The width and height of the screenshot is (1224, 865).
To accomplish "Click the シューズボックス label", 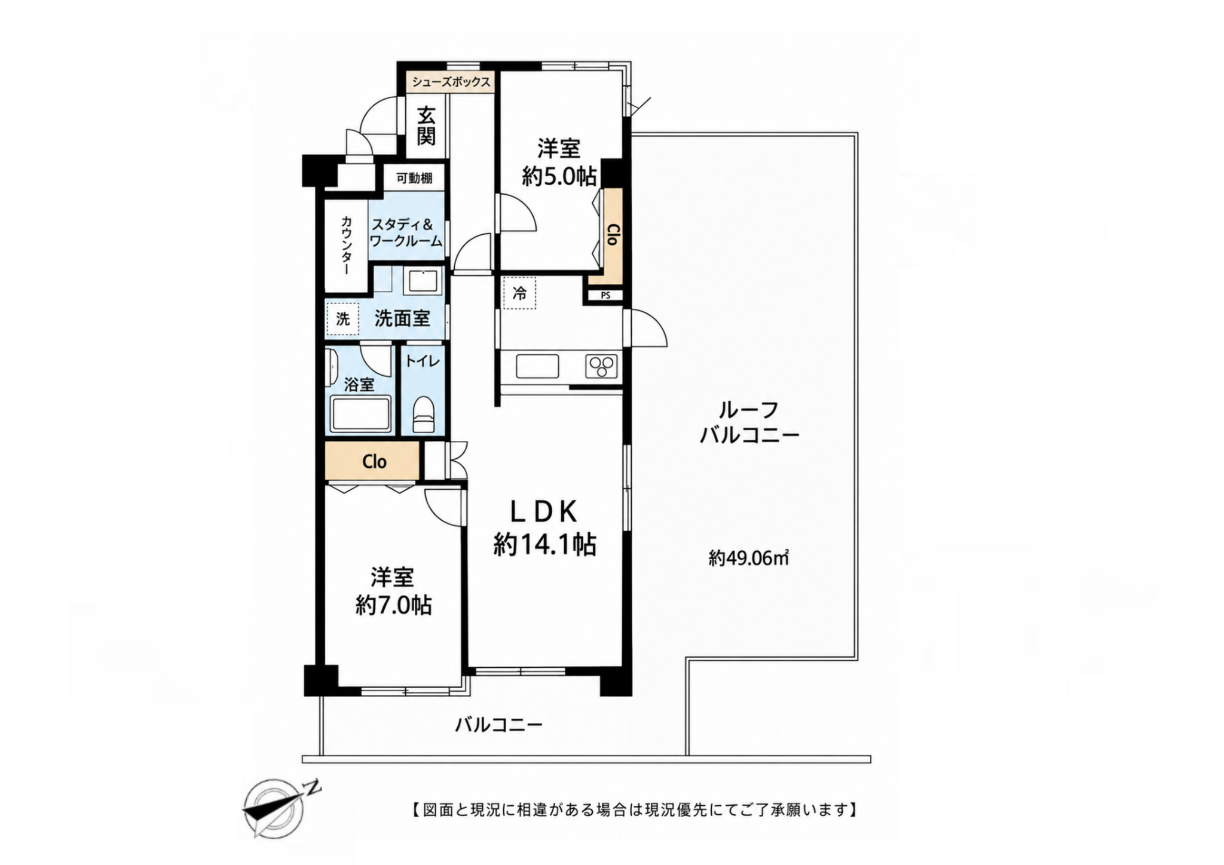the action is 451,82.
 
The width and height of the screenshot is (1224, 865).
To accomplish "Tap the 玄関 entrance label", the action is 426,125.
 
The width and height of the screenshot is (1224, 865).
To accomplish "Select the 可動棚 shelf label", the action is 414,178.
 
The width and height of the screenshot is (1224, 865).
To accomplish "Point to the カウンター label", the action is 346,245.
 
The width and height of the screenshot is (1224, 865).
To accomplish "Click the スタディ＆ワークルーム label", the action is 406,233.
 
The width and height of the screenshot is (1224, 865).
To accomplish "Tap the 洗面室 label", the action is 402,318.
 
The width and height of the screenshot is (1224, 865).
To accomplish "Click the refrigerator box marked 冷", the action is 519,293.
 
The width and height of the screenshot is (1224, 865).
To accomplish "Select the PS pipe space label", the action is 605,295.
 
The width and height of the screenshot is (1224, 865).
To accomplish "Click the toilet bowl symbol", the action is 424,414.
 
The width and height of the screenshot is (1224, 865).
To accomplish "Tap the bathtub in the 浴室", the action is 361,413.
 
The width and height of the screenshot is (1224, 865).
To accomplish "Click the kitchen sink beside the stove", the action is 537,366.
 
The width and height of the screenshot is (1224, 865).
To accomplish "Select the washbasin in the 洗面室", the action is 423,280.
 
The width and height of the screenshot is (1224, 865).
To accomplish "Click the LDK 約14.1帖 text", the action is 544,528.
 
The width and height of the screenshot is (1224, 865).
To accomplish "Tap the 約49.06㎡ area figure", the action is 749,558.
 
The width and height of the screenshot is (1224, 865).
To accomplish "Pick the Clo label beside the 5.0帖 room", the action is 611,234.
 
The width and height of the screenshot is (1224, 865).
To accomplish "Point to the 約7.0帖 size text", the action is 393,606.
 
